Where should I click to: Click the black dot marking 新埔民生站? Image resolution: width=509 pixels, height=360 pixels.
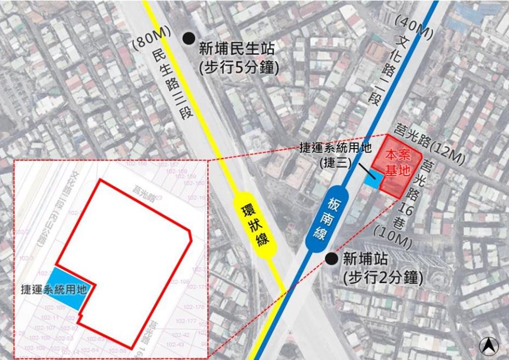tap(188, 38)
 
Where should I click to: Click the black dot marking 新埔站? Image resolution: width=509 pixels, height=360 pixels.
tap(330, 258)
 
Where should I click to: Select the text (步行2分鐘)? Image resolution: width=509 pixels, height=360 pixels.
tap(382, 277)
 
